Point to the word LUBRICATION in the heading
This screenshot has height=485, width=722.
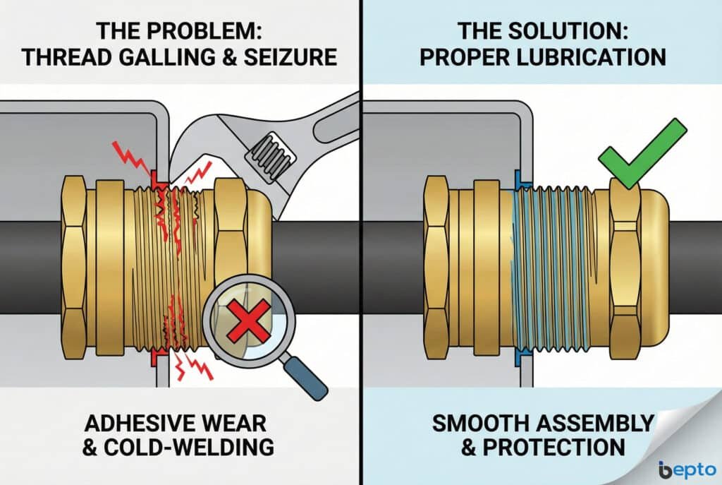click(x=585, y=56)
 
